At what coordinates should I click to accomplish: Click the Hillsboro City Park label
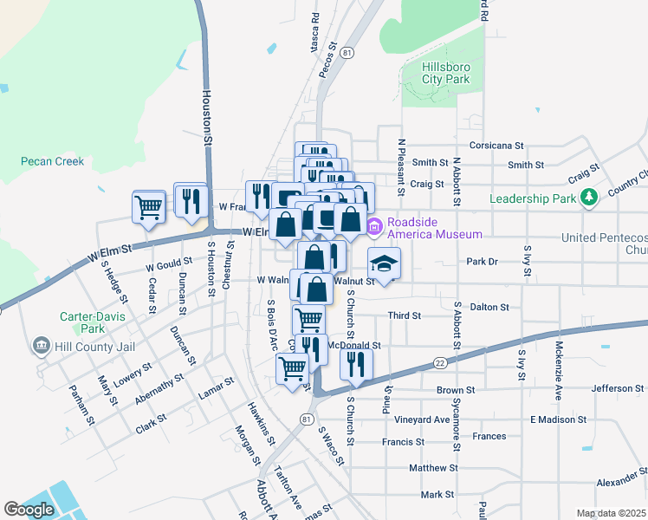[x=445, y=73]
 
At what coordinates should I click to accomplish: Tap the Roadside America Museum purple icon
[x=374, y=228]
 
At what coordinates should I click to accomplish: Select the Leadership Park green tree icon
[x=589, y=198]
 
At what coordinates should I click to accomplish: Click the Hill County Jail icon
[x=41, y=347]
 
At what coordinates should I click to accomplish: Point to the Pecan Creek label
[x=53, y=161]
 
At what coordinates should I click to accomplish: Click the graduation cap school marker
[x=384, y=263]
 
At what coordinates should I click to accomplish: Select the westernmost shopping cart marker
[x=148, y=207]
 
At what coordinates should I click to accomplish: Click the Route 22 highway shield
[x=441, y=361]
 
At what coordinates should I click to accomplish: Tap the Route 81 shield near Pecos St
[x=347, y=53]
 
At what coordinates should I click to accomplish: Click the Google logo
[x=29, y=510]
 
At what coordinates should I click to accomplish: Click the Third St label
[x=404, y=316]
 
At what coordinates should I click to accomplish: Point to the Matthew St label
[x=432, y=468]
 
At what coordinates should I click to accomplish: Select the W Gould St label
[x=168, y=261]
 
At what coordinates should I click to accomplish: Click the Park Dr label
[x=483, y=261]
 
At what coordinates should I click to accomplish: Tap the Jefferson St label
[x=618, y=388]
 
